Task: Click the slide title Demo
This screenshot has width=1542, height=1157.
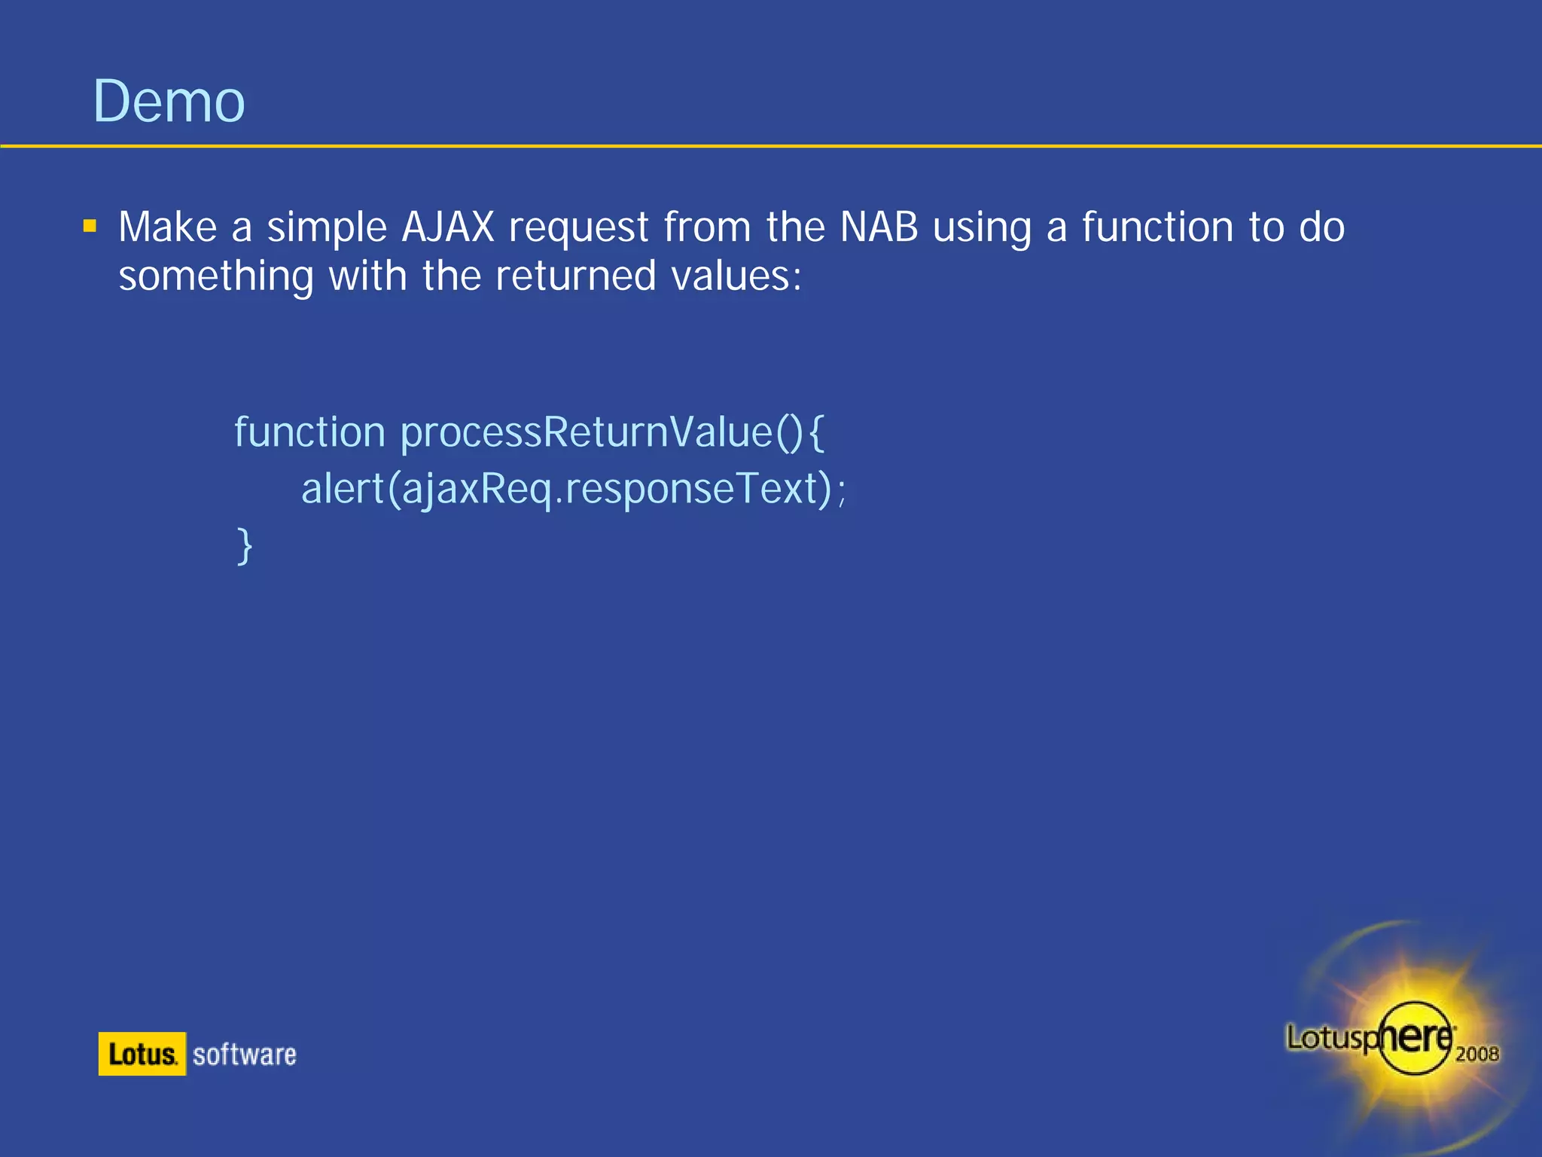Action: pos(169,102)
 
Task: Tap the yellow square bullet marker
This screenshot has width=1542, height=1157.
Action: pos(90,226)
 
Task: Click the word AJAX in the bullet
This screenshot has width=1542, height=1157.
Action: pos(448,227)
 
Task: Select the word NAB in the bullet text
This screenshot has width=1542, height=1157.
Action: pos(879,227)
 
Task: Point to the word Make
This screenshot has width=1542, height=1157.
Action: pos(167,227)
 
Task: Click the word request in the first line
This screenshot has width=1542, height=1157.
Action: pos(578,228)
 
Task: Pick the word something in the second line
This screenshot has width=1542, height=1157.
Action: pos(216,276)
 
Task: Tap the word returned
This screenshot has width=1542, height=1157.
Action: pos(576,276)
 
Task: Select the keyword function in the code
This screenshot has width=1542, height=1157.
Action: pos(309,432)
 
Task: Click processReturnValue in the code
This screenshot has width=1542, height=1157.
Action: pos(587,432)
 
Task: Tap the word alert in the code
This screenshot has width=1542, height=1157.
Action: pos(343,489)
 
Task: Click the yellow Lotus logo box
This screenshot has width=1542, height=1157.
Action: pos(142,1054)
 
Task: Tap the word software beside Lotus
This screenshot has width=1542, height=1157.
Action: pos(244,1055)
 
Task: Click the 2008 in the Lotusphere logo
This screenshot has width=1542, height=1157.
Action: pos(1476,1054)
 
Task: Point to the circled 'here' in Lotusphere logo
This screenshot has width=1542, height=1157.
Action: pos(1416,1038)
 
